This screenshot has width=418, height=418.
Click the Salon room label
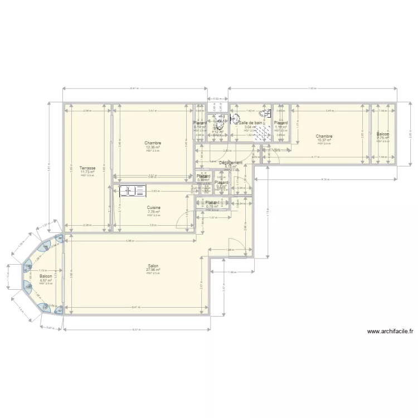click(153, 265)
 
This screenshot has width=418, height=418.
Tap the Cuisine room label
click(154, 207)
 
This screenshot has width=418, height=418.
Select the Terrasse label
click(88, 167)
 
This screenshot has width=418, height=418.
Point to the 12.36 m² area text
click(153, 147)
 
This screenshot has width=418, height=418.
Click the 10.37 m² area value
click(324, 140)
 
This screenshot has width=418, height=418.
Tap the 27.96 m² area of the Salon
click(153, 270)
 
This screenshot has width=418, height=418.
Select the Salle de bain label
click(250, 123)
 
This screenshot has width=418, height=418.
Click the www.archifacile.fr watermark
click(390, 331)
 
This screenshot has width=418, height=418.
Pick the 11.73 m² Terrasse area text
click(88, 172)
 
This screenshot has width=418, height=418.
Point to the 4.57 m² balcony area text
click(46, 280)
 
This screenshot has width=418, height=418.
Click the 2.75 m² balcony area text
click(383, 138)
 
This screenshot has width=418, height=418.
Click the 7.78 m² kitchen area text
click(154, 212)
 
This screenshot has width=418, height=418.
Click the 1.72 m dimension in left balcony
click(42, 270)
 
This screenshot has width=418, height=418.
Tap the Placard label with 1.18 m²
click(280, 123)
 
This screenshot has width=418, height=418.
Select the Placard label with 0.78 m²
click(212, 202)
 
